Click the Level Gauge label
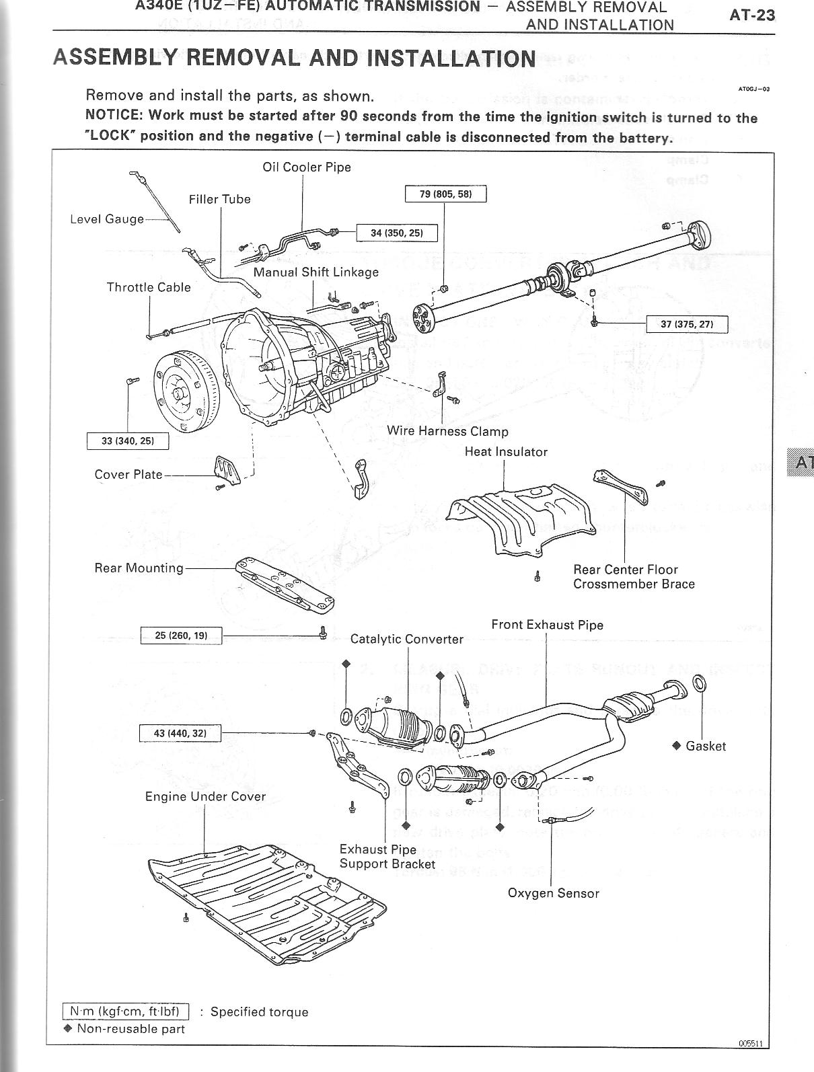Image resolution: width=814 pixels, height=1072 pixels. [x=107, y=219]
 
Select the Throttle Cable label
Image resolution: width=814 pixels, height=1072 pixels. [x=149, y=287]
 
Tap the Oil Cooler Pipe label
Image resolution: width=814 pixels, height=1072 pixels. [x=307, y=167]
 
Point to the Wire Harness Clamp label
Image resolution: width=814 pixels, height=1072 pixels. [x=447, y=431]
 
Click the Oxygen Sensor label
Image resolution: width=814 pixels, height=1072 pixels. [x=553, y=893]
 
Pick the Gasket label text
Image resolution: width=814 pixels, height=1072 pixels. [x=706, y=746]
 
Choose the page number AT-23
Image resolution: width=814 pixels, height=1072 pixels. [x=752, y=15]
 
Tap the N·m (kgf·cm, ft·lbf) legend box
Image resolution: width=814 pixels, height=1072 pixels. [x=126, y=1011]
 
